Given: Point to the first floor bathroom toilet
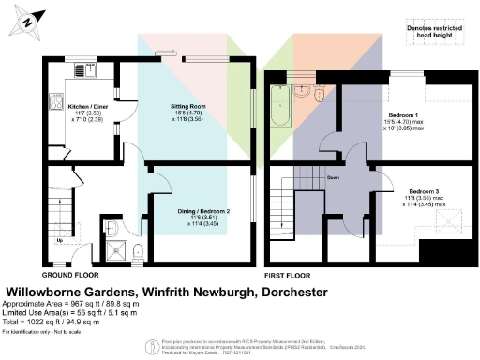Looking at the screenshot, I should [320, 94].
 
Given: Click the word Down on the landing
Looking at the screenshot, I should [332, 175].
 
